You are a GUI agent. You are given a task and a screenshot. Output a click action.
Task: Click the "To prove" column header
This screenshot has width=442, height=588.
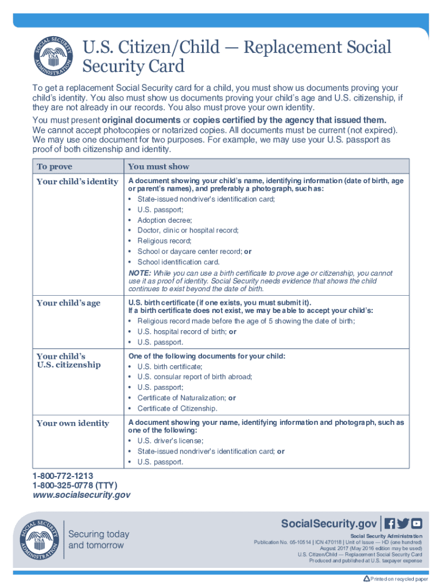pyautogui.click(x=55, y=167)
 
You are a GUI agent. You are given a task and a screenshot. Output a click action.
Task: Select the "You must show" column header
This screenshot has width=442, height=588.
pyautogui.click(x=158, y=167)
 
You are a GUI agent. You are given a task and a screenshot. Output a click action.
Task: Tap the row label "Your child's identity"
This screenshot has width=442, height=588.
pyautogui.click(x=77, y=181)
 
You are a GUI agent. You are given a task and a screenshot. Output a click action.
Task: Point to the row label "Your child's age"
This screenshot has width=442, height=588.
pyautogui.click(x=68, y=303)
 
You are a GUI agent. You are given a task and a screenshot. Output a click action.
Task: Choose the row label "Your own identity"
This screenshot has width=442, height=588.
pyautogui.click(x=72, y=423)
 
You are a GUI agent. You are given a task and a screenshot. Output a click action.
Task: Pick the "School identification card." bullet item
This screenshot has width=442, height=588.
pyautogui.click(x=179, y=262)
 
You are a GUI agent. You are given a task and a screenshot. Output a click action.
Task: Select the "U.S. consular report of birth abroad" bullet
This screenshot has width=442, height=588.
pyautogui.click(x=195, y=377)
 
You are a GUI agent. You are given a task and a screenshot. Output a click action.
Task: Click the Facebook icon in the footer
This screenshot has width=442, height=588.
pyautogui.click(x=390, y=524)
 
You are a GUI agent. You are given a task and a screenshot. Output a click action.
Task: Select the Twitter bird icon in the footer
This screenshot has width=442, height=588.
pyautogui.click(x=403, y=524)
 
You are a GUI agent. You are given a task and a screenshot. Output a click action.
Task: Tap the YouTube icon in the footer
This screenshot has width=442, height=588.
pyautogui.click(x=417, y=524)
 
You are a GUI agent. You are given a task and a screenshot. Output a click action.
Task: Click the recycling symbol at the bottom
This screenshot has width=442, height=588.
pyautogui.click(x=366, y=578)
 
